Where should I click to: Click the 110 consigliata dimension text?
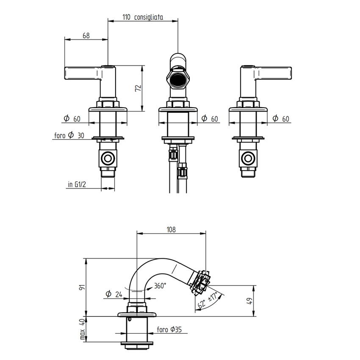[x=143, y=17]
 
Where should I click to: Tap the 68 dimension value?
[x=86, y=36]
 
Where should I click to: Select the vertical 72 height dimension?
[x=137, y=88]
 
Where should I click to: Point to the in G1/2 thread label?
[x=77, y=184]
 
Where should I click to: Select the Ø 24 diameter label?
[x=113, y=294]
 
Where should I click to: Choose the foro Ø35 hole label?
[x=169, y=329]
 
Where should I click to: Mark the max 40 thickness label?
[x=82, y=329]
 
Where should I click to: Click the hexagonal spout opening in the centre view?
[x=177, y=80]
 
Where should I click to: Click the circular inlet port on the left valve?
[x=108, y=159]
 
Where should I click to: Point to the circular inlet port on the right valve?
[x=248, y=159]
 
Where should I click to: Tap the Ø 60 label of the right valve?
[x=280, y=119]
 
